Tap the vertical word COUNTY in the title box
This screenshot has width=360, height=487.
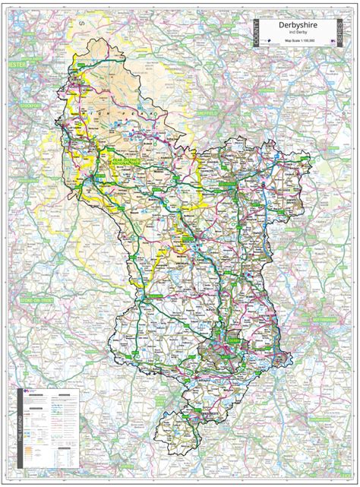point(256,34)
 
